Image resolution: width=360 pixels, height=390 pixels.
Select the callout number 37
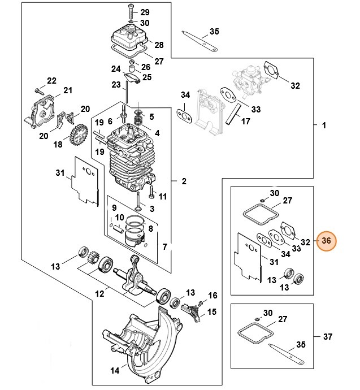click(328, 337)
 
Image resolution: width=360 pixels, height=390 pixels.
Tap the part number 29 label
click(145, 12)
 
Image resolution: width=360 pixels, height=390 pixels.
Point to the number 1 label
click(324, 125)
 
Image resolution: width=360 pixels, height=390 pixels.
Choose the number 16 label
click(212, 296)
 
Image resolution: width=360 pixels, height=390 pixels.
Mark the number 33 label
click(256, 109)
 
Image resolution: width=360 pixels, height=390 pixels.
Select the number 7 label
click(164, 247)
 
